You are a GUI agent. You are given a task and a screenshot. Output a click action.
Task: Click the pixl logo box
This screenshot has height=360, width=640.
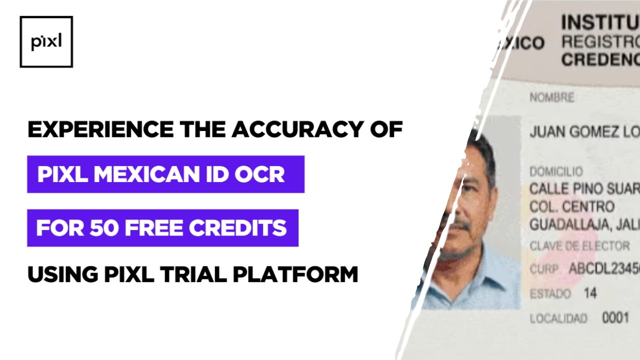point(46,42)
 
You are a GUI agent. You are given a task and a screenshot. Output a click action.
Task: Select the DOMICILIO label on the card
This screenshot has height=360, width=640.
point(556,172)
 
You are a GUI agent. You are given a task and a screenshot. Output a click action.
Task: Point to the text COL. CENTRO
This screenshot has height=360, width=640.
point(571,206)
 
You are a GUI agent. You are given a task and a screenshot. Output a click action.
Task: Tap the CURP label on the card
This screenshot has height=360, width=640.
point(543,269)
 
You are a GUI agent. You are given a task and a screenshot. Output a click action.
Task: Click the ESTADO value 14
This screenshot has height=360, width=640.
point(590,293)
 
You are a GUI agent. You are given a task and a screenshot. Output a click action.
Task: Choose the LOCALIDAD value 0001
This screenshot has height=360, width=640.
point(614,318)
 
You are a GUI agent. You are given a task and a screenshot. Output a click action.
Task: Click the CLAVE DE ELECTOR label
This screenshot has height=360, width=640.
point(579,246)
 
